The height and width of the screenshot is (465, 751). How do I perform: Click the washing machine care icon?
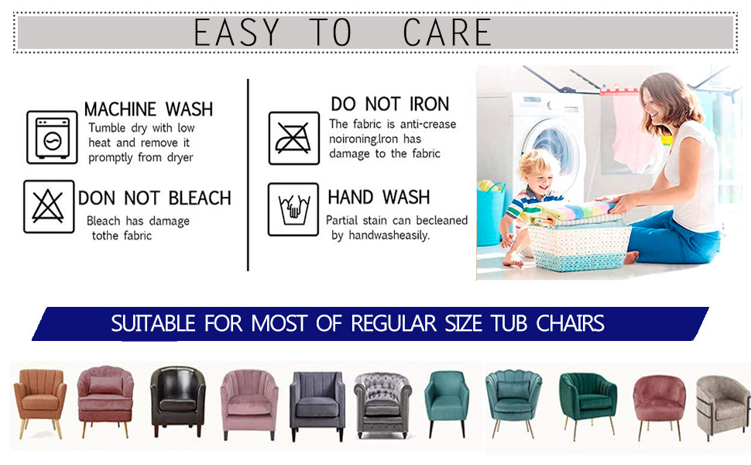coord(52,138)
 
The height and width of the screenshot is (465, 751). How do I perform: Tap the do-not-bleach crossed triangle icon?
coord(48,207)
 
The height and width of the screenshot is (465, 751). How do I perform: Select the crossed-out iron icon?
coord(293,138)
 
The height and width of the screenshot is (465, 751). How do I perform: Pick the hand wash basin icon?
coord(293,209)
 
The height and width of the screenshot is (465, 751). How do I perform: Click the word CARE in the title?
coord(447,33)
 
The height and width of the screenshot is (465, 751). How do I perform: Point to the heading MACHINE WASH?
coord(149,109)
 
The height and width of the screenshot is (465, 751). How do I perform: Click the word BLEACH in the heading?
coord(200,198)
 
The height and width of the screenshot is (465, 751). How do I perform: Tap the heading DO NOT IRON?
coord(390,104)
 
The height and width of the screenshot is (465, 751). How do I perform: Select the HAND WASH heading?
coord(379,197)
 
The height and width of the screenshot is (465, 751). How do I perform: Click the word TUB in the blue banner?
coord(509,324)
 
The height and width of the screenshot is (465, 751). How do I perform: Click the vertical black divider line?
coord(248,175)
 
